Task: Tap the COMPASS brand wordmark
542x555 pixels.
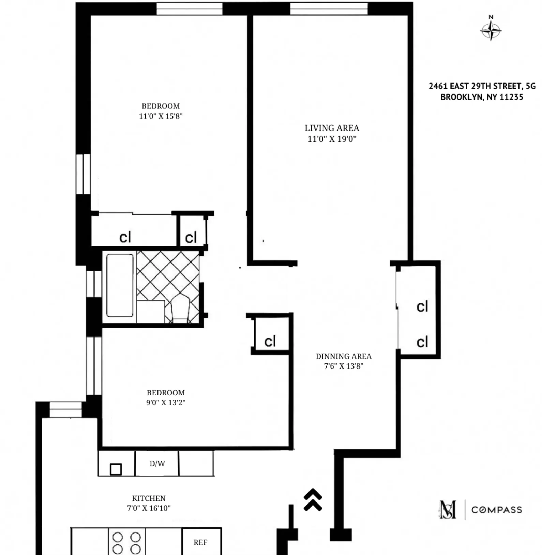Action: click(496, 510)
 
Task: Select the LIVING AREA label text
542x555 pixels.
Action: click(332, 128)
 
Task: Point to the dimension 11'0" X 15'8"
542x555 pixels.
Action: click(161, 116)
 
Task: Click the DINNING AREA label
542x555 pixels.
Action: click(343, 356)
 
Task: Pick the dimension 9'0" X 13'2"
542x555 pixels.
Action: click(166, 402)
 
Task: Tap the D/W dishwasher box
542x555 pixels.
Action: click(157, 463)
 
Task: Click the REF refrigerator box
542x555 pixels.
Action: click(200, 542)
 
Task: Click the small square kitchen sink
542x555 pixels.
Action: click(116, 469)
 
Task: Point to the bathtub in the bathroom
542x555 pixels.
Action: click(120, 286)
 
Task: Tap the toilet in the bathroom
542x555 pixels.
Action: click(180, 309)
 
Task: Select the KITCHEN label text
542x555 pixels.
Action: click(149, 498)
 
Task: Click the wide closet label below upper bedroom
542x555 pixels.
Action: click(125, 237)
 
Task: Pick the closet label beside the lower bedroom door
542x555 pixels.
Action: click(270, 341)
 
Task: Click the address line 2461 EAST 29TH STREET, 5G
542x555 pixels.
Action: click(482, 86)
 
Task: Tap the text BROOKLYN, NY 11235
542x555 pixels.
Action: click(481, 97)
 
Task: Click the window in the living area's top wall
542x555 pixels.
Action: click(329, 9)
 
